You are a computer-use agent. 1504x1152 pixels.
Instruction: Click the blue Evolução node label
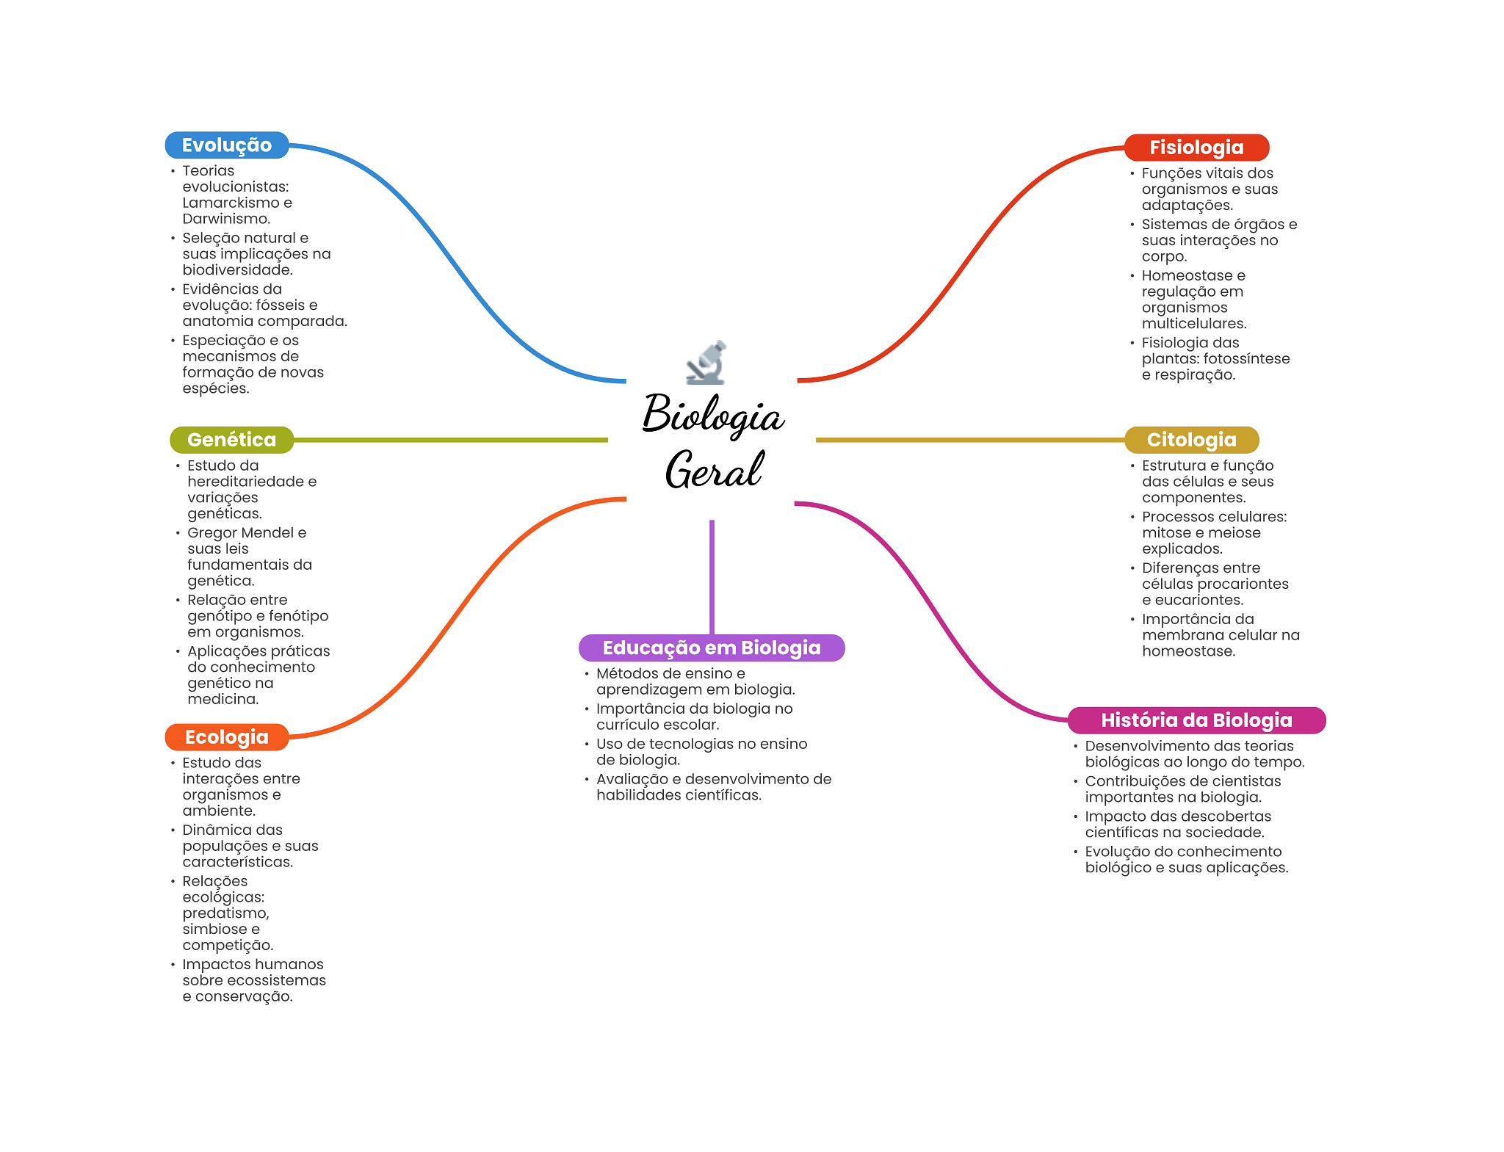click(x=226, y=145)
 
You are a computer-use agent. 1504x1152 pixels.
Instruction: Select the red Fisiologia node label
click(x=1196, y=148)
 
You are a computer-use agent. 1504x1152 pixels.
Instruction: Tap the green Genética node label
click(x=231, y=440)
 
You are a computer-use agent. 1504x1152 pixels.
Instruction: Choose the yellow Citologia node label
click(x=1191, y=440)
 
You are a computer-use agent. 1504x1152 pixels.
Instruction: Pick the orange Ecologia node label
click(x=226, y=737)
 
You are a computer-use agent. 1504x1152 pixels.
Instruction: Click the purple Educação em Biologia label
click(x=711, y=648)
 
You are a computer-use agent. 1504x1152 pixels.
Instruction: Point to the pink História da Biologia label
click(x=1196, y=720)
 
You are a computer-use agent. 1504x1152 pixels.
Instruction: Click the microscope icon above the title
click(x=706, y=363)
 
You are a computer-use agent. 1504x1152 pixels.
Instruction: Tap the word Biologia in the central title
click(x=713, y=415)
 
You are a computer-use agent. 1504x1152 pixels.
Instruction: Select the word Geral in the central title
click(x=713, y=470)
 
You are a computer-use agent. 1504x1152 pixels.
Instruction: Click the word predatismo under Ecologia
click(x=225, y=913)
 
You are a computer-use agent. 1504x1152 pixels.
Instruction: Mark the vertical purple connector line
click(x=712, y=576)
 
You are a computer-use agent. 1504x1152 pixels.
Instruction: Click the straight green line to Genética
click(x=450, y=440)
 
